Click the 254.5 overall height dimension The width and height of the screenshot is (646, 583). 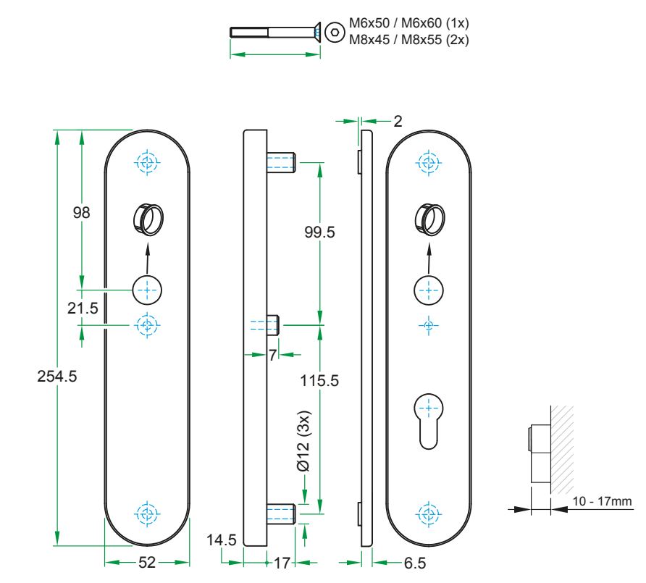click(x=56, y=377)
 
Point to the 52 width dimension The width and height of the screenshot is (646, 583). click(x=147, y=562)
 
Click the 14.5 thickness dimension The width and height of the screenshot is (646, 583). click(x=220, y=540)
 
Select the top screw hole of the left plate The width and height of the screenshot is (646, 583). click(x=147, y=162)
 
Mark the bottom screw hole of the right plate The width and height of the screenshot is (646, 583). click(x=429, y=512)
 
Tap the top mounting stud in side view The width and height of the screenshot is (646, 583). click(x=282, y=162)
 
